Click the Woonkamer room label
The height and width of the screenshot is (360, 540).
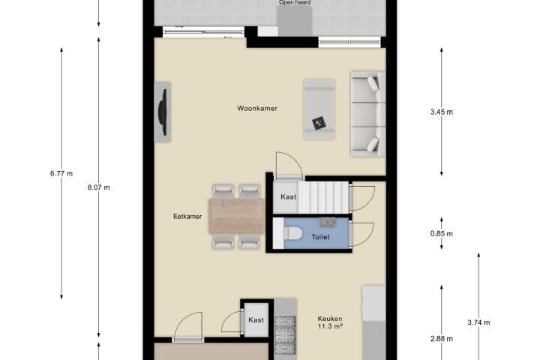click(257, 109)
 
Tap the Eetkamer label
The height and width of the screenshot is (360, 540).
click(187, 217)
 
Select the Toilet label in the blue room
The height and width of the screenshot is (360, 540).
click(320, 237)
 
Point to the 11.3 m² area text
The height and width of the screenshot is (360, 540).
click(330, 326)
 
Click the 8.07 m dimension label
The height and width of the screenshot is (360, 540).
click(99, 187)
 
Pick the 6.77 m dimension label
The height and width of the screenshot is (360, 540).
click(61, 174)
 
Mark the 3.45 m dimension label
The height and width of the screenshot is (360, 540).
click(442, 112)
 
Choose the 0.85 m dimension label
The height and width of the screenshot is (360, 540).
click(442, 234)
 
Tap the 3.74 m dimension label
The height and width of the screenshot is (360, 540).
click(478, 322)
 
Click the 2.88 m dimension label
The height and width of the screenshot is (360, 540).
click(442, 339)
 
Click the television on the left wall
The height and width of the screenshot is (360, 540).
click(163, 112)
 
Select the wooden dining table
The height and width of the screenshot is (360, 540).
click(237, 216)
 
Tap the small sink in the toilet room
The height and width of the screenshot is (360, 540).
click(328, 222)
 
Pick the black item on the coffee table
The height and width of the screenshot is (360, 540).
click(319, 123)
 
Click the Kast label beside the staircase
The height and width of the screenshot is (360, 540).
click(288, 197)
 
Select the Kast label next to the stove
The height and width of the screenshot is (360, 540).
click(256, 320)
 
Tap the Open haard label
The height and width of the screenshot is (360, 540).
click(295, 3)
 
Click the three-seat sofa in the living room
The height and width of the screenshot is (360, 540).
click(367, 114)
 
